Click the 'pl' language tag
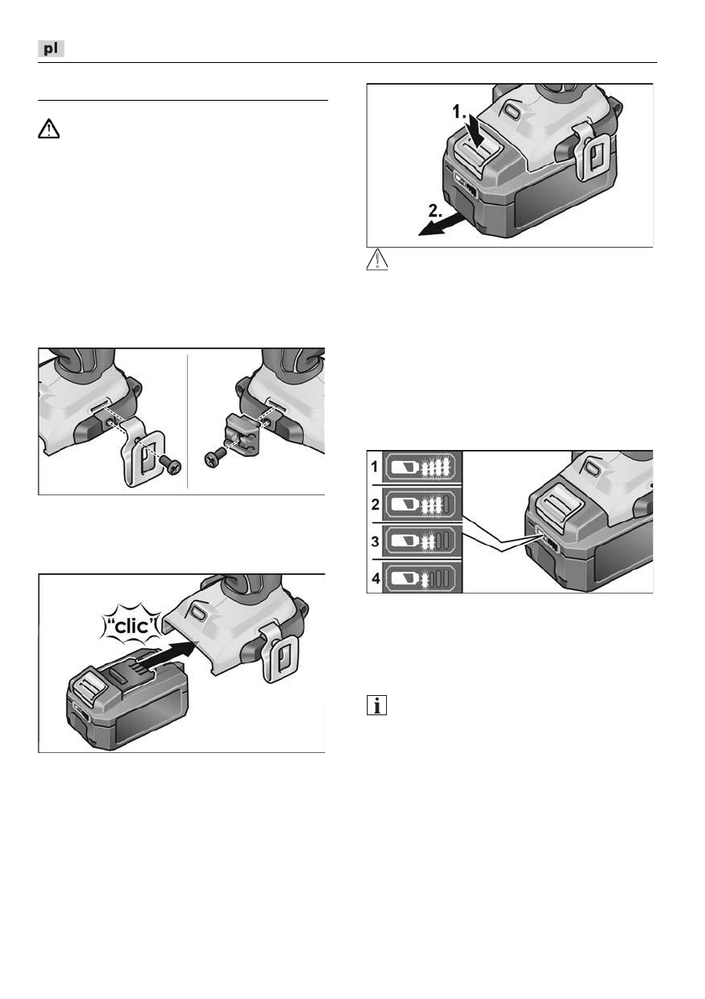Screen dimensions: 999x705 coord(51,50)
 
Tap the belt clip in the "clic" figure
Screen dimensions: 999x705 coord(274,647)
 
